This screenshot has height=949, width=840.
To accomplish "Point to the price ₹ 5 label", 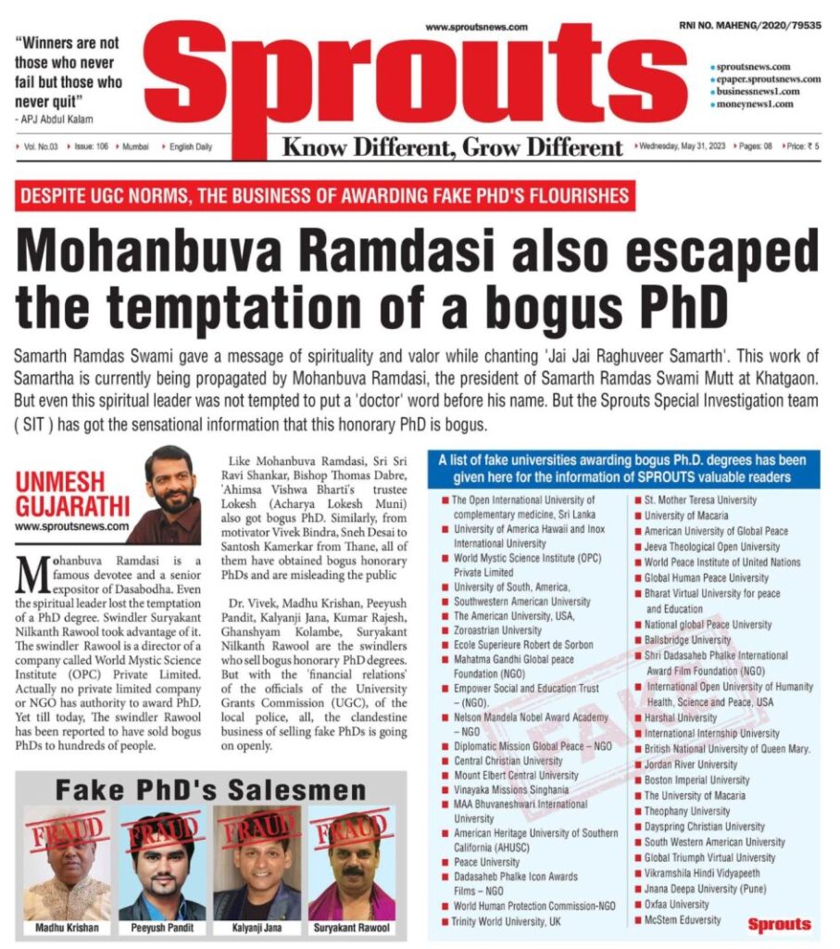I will tap(802, 146).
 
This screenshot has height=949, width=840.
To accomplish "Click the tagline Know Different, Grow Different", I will tap(452, 147).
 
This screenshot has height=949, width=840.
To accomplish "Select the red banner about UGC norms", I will tap(325, 196).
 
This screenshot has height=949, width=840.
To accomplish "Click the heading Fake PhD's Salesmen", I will tap(210, 791).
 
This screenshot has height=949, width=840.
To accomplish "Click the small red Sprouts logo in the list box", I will tap(779, 924).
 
